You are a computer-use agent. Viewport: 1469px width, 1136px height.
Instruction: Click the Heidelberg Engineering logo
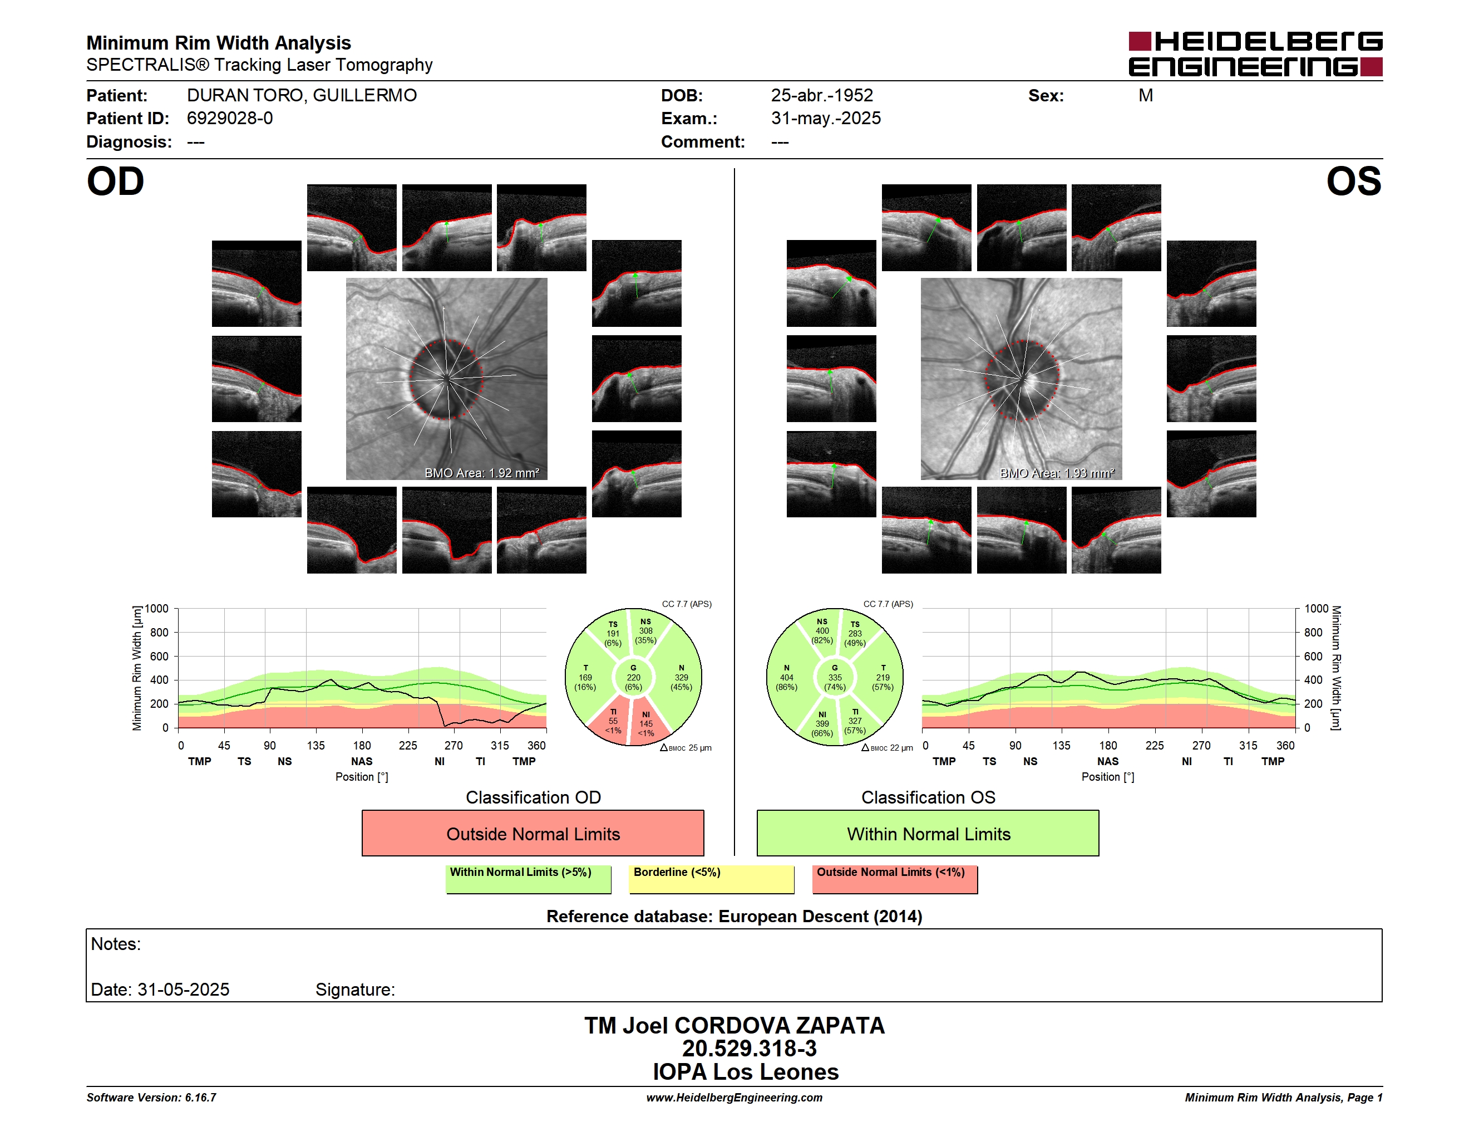1255,54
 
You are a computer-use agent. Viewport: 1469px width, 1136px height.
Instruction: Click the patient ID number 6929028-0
229,119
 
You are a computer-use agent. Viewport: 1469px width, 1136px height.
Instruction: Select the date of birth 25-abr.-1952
822,96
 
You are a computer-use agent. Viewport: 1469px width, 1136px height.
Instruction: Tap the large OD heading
116,182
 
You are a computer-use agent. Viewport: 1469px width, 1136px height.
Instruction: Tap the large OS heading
1353,182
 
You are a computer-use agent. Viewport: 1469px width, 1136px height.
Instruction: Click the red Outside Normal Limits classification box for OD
533,833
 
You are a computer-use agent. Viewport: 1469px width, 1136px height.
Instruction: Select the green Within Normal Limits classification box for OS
928,833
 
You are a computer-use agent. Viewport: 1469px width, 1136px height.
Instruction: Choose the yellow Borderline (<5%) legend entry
712,879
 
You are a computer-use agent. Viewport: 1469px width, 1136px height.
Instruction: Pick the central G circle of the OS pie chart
835,678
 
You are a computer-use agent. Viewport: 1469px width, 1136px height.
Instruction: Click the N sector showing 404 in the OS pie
787,678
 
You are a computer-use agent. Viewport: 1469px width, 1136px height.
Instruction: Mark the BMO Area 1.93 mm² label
1057,473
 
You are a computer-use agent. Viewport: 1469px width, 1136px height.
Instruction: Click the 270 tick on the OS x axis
1201,746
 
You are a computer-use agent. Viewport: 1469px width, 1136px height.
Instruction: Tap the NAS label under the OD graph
361,761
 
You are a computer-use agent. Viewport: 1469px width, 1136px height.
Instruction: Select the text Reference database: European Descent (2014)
734,917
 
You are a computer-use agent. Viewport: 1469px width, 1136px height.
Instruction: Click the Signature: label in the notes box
355,990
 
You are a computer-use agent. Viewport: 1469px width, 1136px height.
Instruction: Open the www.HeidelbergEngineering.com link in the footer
734,1098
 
